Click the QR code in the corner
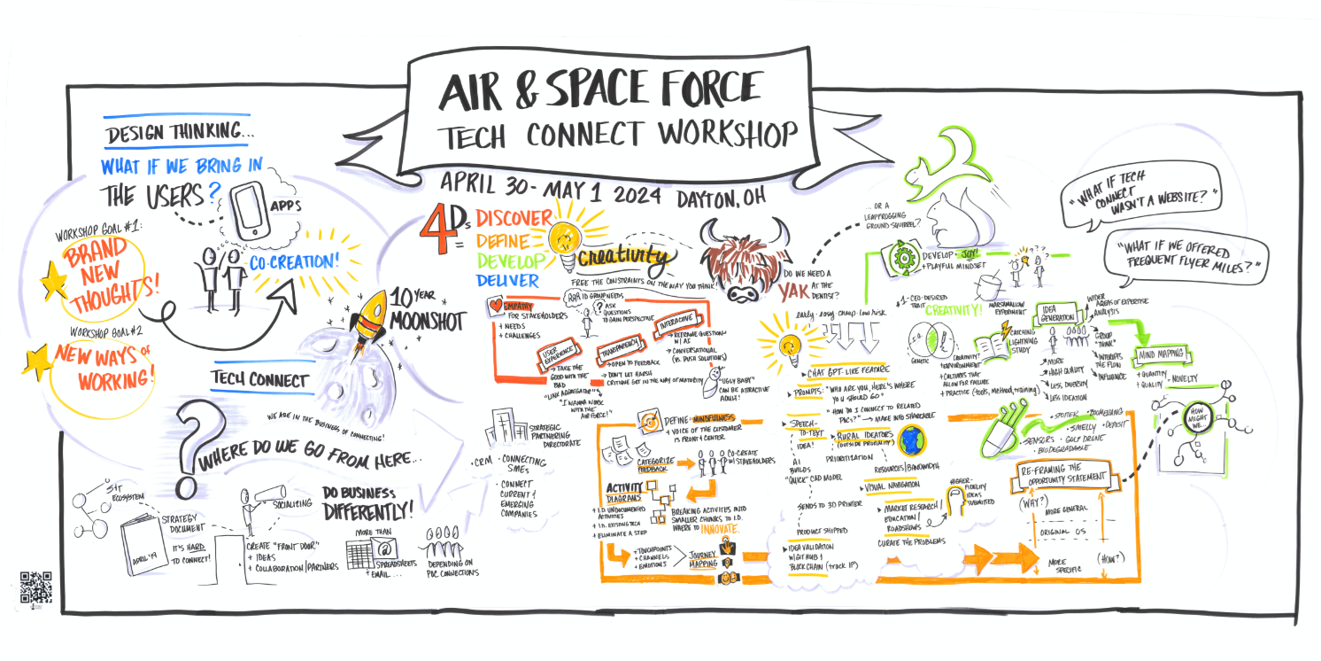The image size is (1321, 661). tap(35, 588)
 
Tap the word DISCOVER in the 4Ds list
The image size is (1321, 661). tap(514, 218)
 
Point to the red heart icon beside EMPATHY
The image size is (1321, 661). tap(497, 307)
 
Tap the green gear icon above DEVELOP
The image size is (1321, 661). tap(904, 258)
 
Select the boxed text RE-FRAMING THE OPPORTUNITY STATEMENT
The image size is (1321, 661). tap(1064, 476)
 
